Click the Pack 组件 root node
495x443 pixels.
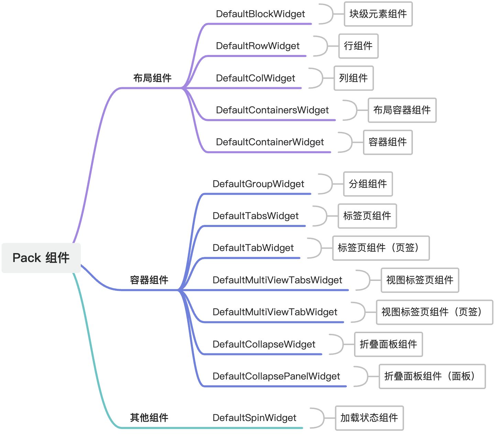(x=41, y=258)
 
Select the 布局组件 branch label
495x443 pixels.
(x=152, y=78)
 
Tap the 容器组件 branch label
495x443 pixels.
(x=149, y=280)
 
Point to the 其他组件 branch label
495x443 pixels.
(x=149, y=418)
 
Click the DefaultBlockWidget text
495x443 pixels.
(x=260, y=14)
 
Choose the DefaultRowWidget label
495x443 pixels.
(x=257, y=46)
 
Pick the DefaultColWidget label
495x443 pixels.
(x=255, y=78)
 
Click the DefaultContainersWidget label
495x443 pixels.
(x=272, y=110)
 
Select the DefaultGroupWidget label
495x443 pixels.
(x=258, y=184)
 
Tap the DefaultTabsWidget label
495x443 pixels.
(x=255, y=216)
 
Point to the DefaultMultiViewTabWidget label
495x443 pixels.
(x=275, y=312)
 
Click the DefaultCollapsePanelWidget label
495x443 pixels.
(x=276, y=376)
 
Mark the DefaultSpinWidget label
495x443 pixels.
(x=254, y=418)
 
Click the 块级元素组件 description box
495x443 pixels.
(x=378, y=14)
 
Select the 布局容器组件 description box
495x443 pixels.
(x=402, y=110)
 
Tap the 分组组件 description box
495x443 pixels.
(x=368, y=184)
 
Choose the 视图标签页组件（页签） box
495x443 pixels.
(x=434, y=312)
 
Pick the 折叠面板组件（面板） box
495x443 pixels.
(x=432, y=376)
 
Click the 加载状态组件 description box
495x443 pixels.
(x=369, y=418)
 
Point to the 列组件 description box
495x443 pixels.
(x=353, y=78)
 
